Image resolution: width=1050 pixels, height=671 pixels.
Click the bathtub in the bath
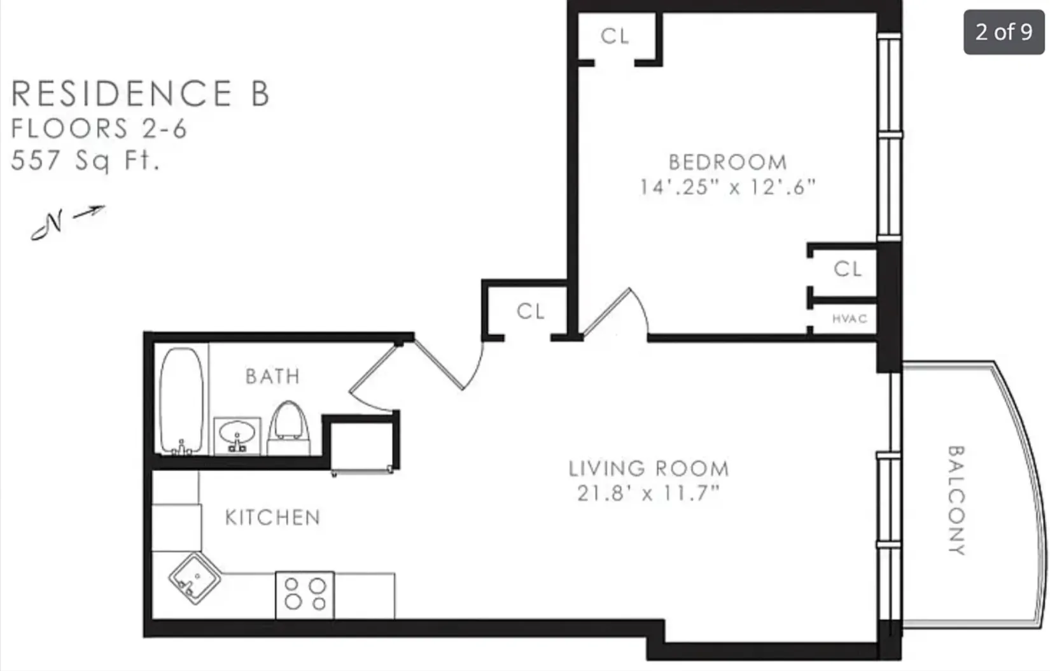click(x=181, y=400)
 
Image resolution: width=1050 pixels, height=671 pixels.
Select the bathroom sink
click(x=237, y=435)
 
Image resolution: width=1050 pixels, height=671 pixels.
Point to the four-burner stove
click(x=305, y=595)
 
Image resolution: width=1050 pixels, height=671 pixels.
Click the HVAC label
click(x=850, y=318)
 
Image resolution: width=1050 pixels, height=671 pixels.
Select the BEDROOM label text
click(x=727, y=162)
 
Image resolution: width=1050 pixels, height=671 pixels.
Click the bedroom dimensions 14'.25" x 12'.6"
click(x=727, y=187)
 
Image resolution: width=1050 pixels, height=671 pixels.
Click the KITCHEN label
click(x=272, y=518)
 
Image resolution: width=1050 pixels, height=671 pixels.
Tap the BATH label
click(x=272, y=376)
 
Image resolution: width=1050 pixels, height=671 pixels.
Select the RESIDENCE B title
click(x=141, y=94)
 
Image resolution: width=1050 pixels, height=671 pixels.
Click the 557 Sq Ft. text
click(x=85, y=160)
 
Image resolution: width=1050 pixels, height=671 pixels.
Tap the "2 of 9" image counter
click(x=1004, y=32)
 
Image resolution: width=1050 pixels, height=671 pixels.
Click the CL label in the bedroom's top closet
click(x=615, y=36)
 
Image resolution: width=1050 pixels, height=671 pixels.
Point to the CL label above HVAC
click(x=848, y=269)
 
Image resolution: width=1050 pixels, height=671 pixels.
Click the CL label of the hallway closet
click(x=531, y=311)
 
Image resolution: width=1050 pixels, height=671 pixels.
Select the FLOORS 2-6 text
click(x=99, y=129)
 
